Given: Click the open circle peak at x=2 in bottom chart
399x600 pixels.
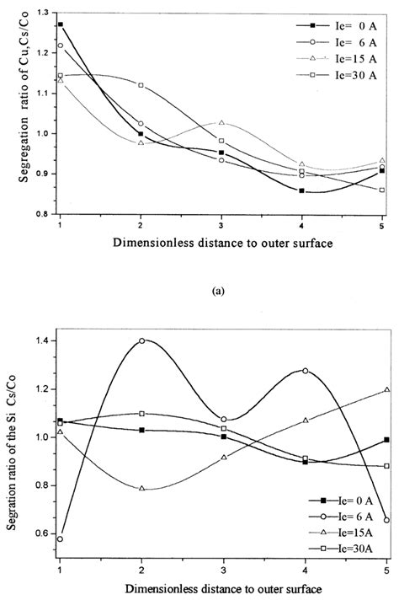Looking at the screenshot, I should [x=141, y=341].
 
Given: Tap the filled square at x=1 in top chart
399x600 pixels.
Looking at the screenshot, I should [x=60, y=24].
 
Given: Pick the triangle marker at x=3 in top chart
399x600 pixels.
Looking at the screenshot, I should [x=222, y=123].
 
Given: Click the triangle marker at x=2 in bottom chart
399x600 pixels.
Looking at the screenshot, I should [x=141, y=489].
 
